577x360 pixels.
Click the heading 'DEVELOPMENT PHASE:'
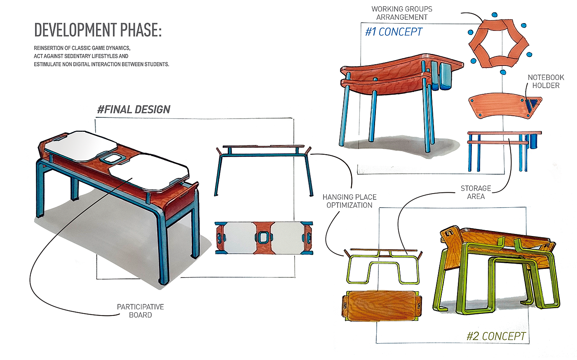pos(98,30)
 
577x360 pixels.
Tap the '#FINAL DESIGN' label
pos(134,110)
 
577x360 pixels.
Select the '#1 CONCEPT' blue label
pos(394,32)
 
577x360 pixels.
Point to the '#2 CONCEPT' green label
pos(497,337)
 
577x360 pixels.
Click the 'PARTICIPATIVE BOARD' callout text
pos(141,311)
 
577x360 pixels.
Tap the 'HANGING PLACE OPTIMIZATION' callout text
pos(349,201)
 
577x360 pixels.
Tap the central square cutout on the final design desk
pos(110,158)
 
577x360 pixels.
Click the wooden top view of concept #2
pos(380,306)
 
